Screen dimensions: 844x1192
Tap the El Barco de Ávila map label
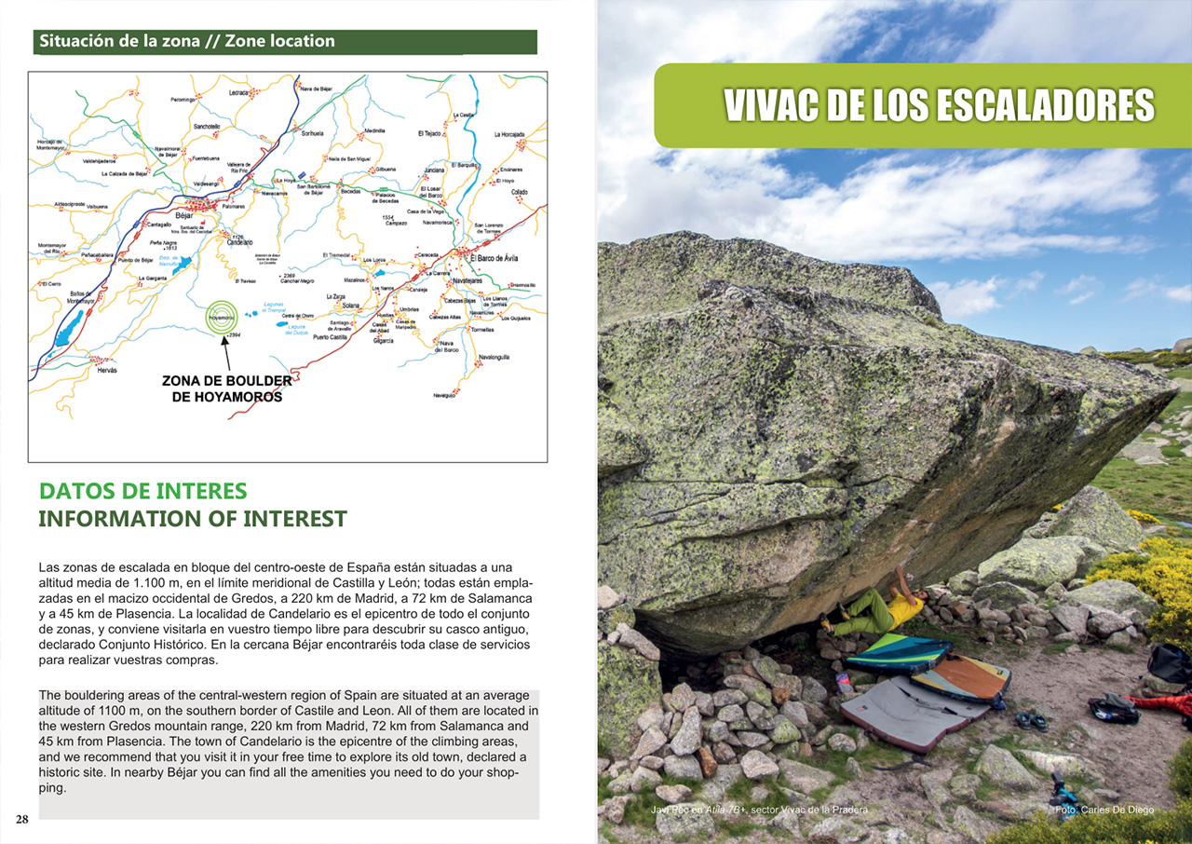pos(501,257)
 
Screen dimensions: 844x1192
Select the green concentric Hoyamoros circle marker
pos(222,316)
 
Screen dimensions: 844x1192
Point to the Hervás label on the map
pos(108,371)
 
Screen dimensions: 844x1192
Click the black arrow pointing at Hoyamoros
pos(225,353)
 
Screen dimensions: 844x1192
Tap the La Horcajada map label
pos(509,134)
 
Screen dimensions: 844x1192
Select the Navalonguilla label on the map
pos(494,357)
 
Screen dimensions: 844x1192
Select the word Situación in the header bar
pos(78,41)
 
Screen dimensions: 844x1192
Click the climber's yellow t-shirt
pos(902,611)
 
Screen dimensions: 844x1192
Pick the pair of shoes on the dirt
pos(1030,720)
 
